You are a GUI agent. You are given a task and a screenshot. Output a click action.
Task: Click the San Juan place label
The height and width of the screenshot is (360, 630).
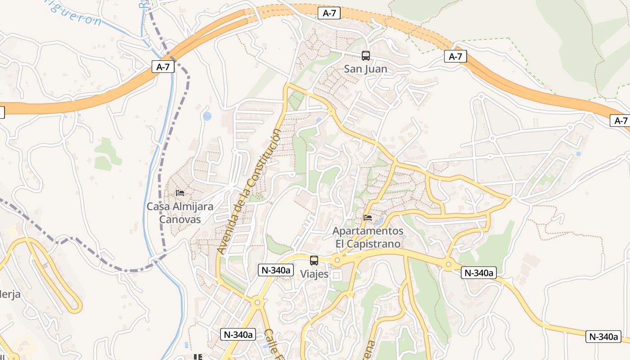click(365, 69)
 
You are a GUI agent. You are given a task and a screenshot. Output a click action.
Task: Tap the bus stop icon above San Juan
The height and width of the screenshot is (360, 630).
click(366, 56)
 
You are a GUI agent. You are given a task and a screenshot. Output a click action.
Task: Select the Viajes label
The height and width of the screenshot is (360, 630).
click(314, 274)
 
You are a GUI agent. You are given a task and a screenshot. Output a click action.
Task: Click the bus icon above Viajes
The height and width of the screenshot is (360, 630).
click(314, 261)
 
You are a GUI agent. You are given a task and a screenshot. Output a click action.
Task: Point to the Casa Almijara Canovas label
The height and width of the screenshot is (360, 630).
click(180, 213)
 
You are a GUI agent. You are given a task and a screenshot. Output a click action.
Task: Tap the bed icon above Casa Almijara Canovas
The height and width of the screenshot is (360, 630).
click(180, 193)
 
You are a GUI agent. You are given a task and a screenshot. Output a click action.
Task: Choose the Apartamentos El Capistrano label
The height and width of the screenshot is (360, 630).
click(368, 237)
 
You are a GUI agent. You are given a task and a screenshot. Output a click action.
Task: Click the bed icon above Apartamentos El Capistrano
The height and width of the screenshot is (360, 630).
click(368, 218)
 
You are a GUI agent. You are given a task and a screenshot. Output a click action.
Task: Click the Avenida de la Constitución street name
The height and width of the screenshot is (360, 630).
click(248, 191)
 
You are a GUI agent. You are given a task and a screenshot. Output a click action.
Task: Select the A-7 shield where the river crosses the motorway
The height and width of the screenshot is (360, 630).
click(163, 67)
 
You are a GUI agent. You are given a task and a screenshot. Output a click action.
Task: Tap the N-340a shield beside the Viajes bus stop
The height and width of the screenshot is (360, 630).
click(276, 270)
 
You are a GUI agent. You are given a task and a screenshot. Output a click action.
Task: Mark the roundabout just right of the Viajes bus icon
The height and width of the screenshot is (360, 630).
click(337, 260)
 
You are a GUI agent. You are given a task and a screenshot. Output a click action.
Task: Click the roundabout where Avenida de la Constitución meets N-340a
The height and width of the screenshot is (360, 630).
click(257, 302)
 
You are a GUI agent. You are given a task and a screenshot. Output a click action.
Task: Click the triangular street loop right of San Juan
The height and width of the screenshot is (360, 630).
click(418, 96)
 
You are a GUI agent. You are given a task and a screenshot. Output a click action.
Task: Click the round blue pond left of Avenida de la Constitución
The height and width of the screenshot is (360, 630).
click(207, 117)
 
